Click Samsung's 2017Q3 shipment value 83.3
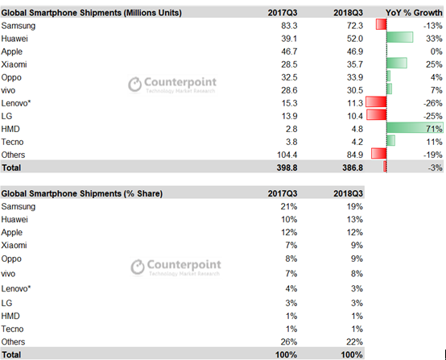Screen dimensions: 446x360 tap(289, 26)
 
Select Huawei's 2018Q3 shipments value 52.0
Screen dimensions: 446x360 tap(355, 39)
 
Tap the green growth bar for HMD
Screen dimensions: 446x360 tap(415, 128)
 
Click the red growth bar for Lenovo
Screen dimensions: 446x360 tap(376, 102)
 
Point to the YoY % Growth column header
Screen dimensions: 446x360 tap(414, 13)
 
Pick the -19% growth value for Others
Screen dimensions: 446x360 tap(432, 155)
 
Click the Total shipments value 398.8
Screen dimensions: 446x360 tap(287, 168)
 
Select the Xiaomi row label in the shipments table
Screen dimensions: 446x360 tap(14, 64)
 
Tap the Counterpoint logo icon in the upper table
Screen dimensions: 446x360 tap(134, 85)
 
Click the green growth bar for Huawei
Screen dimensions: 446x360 tap(399, 37)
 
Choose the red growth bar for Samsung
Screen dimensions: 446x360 tap(381, 24)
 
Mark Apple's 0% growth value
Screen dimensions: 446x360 tap(436, 52)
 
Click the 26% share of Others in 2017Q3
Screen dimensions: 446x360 tap(289, 341)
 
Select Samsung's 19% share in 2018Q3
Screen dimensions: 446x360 tap(355, 207)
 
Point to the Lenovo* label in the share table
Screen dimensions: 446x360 tap(16, 288)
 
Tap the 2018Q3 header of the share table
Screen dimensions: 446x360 tap(348, 194)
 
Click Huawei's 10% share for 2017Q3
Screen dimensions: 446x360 tap(289, 220)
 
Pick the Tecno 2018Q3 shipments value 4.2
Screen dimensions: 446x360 tap(357, 142)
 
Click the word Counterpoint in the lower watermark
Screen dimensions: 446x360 tap(184, 265)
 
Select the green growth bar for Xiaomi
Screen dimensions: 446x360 tap(397, 63)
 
